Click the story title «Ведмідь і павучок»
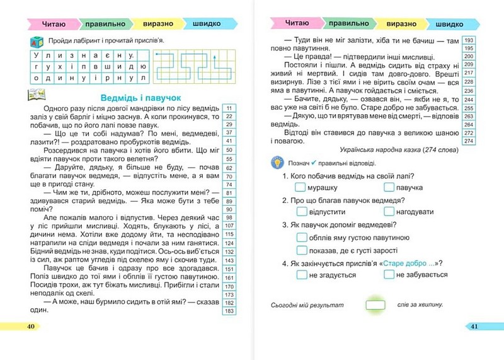[x=141, y=98]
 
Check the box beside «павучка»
[x=388, y=188]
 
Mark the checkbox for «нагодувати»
[x=388, y=212]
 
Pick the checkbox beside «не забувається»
[x=388, y=275]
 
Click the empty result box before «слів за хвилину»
[x=375, y=305]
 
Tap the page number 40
[x=31, y=326]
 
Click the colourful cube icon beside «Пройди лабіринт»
[x=29, y=42]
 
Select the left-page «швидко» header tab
[x=202, y=24]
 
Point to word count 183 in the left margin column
[x=229, y=311]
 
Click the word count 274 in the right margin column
[x=468, y=141]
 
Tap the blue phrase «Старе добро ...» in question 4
[x=407, y=263]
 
